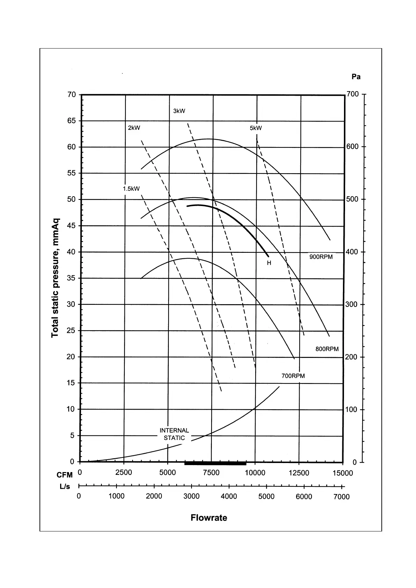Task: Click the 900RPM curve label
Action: pos(321,257)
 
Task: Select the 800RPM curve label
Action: pos(327,349)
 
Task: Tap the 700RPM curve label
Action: pos(293,376)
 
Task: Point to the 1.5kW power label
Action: pos(131,189)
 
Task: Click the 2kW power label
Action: pos(134,128)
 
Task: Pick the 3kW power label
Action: pos(179,111)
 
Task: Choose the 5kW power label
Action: pos(256,128)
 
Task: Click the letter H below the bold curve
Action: pos(269,263)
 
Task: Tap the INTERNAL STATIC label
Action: pos(174,434)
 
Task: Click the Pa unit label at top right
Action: pos(356,77)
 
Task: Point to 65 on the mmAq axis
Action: pos(72,121)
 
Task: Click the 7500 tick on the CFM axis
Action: pos(211,473)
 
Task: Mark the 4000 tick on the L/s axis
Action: pos(229,497)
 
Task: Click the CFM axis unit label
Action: pos(65,475)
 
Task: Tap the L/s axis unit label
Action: pos(65,487)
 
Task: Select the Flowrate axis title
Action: pos(209,518)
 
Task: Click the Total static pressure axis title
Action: pos(55,278)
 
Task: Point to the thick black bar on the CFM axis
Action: pos(215,463)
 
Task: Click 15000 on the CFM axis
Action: pos(343,473)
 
